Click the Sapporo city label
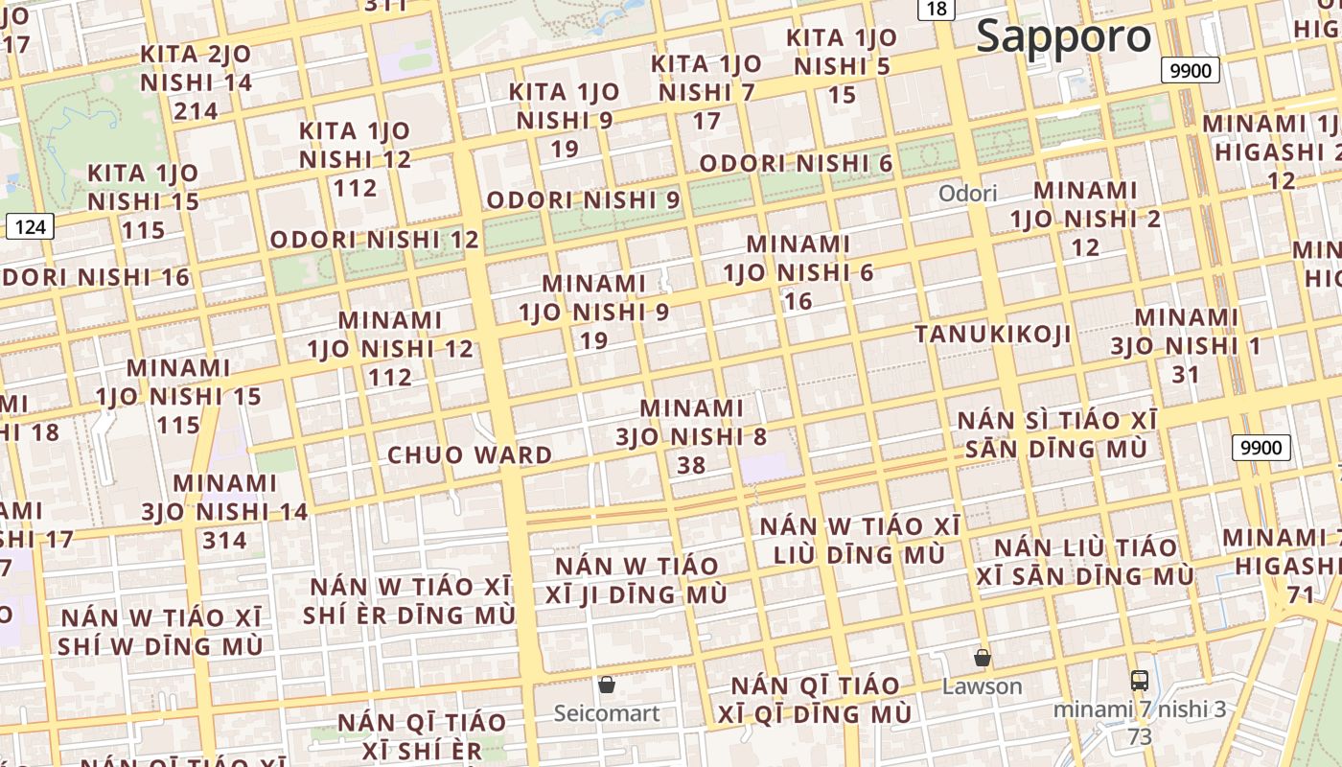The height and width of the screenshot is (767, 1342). tap(1063, 36)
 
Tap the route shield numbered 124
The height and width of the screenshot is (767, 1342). tap(31, 226)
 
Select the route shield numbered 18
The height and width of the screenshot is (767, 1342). tap(937, 9)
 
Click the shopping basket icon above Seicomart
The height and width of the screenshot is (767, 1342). tap(607, 685)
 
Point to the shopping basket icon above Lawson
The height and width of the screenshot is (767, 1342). tap(982, 658)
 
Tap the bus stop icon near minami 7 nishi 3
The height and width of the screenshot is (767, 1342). tap(1139, 681)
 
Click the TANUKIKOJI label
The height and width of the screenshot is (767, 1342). tap(992, 334)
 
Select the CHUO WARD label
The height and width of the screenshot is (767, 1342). tap(470, 454)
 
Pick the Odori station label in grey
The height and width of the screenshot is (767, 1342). tap(967, 194)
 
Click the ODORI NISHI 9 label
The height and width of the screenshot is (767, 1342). tap(584, 200)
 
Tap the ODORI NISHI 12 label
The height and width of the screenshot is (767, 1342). tap(374, 240)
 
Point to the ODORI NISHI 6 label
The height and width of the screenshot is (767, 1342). tap(796, 164)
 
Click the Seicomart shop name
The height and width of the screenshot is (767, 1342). tap(607, 713)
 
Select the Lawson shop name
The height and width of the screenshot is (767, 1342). tap(982, 686)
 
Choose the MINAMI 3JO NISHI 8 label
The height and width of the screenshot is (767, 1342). tap(691, 423)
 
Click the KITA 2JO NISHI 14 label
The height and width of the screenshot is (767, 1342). tap(197, 68)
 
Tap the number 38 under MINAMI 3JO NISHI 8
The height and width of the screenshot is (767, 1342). tap(691, 465)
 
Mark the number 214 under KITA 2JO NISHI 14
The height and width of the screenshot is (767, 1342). tap(197, 111)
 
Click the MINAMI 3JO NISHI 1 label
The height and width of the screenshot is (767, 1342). tap(1186, 331)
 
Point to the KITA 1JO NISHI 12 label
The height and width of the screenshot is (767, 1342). tap(355, 145)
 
